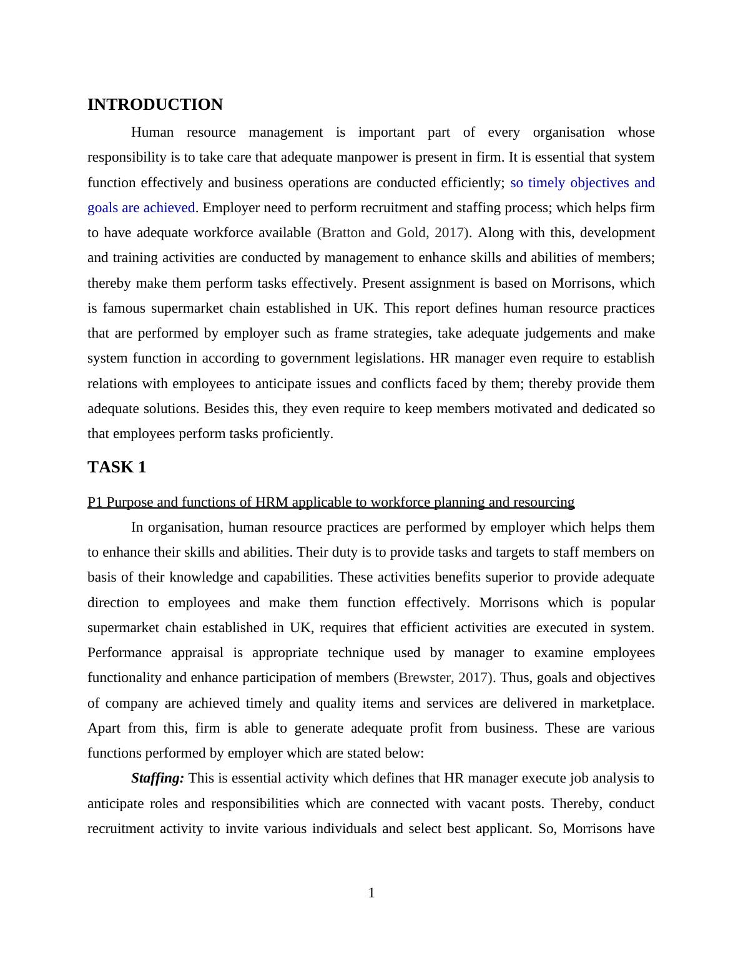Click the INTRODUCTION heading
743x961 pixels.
coord(155,105)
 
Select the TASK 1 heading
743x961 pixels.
coord(117,467)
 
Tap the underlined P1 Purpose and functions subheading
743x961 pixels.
coord(330,502)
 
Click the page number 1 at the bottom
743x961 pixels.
coord(371,893)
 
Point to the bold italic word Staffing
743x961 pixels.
coord(157,778)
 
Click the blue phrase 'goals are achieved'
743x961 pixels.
coord(141,208)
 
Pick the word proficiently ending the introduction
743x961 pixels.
coord(295,434)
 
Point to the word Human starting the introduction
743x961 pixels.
coord(152,132)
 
